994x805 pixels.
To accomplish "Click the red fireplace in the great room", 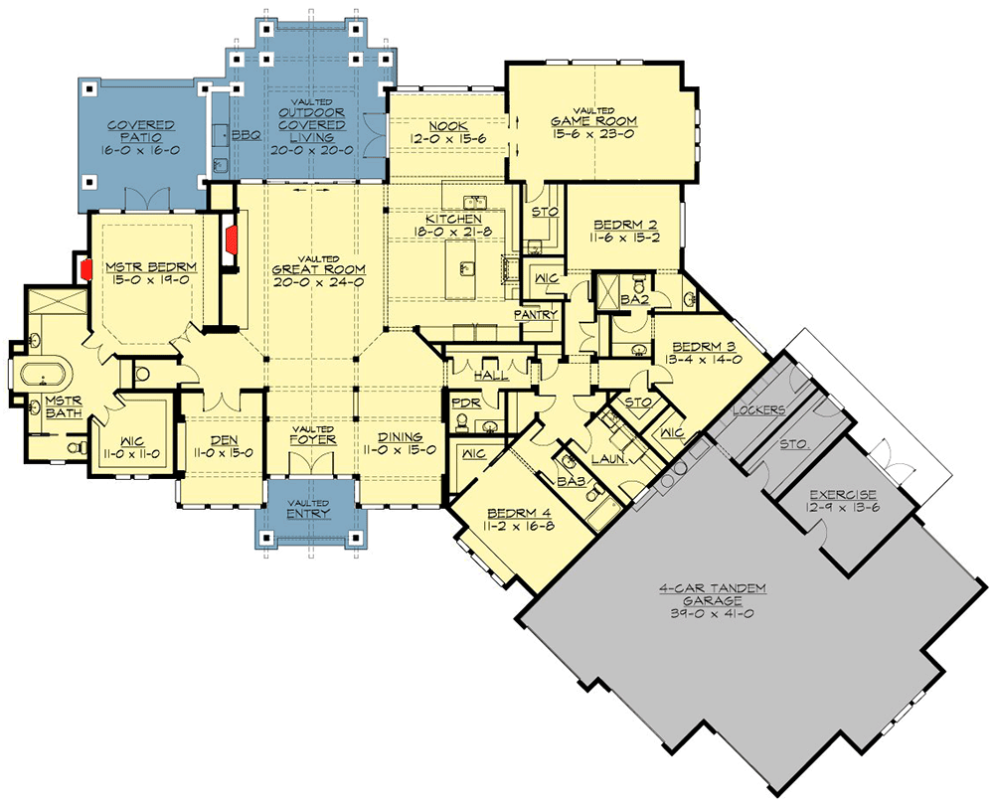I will (x=231, y=238).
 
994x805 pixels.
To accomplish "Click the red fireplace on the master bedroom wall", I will (x=85, y=269).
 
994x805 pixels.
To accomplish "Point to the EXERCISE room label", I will (x=841, y=493).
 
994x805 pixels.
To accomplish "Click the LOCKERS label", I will (x=759, y=409).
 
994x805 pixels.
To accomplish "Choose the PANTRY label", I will (x=533, y=314).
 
